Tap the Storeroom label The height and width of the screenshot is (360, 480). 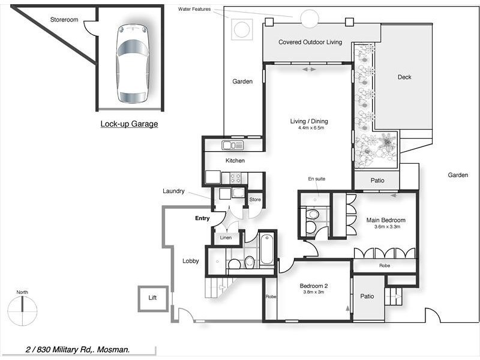point(64,20)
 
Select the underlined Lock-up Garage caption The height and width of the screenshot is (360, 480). point(129,124)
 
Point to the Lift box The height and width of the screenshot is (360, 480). point(152,298)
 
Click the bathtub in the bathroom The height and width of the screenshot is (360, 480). point(266,250)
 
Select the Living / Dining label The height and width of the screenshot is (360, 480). point(311,121)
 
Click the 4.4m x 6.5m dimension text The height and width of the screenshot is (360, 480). point(311,128)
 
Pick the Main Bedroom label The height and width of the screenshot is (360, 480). point(386,220)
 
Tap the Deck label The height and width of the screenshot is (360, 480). point(404,77)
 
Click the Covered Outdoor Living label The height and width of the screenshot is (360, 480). point(310,42)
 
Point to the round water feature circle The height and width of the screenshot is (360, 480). point(310,19)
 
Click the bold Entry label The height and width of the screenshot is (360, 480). point(202,218)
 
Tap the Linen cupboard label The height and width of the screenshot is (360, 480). point(226,238)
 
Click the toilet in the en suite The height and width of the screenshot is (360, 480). point(312,215)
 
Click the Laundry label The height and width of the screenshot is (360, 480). point(173,191)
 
